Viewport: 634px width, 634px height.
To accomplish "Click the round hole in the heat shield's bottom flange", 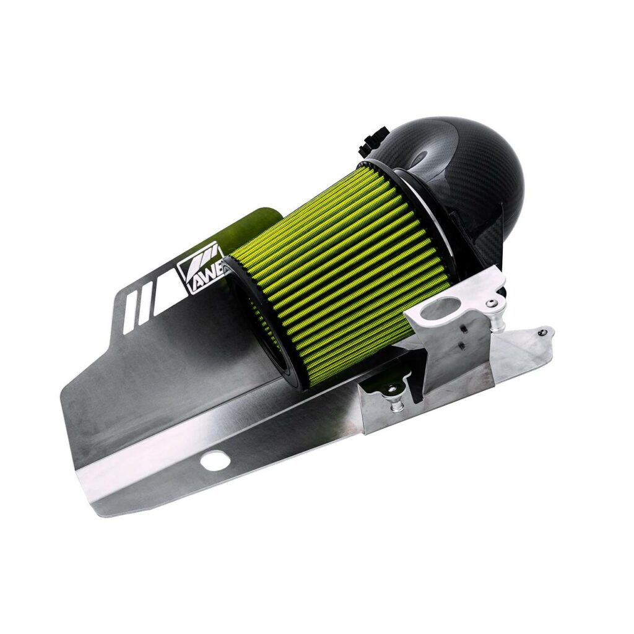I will point(214,460).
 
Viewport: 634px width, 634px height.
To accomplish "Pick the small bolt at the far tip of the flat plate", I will point(542,332).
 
